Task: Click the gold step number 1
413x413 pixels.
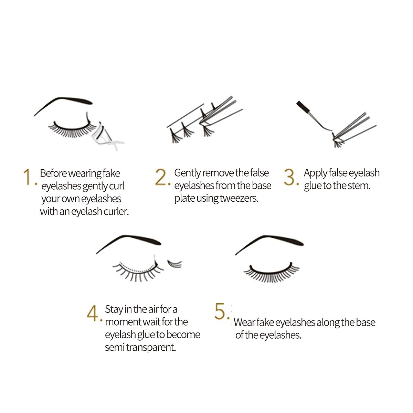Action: coord(28,177)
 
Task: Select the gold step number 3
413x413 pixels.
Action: coord(290,177)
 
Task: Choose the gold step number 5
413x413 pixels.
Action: coord(220,311)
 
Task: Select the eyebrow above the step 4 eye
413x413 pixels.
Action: coord(131,240)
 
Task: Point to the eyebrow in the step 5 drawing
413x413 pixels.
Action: coord(272,240)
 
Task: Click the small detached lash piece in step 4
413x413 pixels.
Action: coord(174,264)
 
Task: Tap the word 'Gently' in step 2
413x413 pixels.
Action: coord(187,173)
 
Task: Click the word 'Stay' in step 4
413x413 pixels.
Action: coord(114,309)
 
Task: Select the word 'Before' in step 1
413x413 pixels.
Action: coord(53,173)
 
